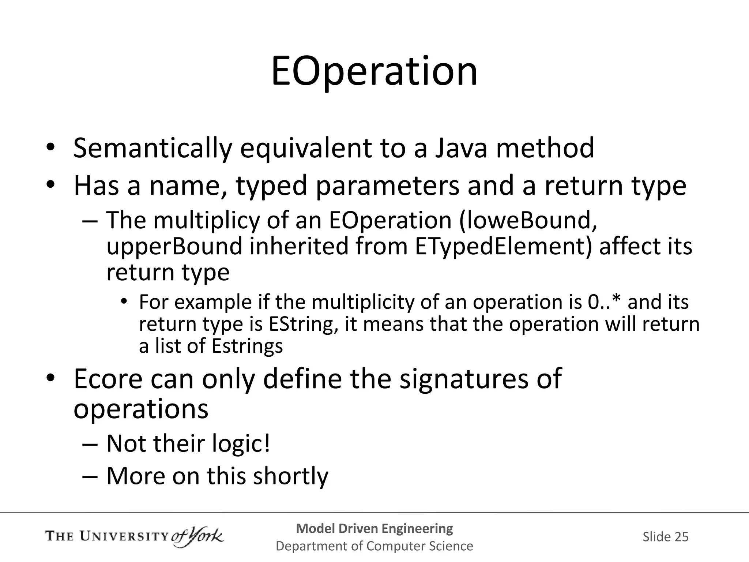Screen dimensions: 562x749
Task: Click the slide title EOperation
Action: (374, 72)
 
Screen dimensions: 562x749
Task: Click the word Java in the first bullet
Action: (461, 148)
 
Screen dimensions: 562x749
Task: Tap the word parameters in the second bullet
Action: (387, 186)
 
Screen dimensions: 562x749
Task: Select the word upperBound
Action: (174, 246)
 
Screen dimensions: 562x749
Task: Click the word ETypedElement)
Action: (503, 246)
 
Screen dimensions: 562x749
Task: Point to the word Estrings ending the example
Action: (247, 346)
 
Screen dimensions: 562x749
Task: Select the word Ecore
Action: (108, 379)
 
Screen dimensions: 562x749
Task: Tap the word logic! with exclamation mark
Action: (241, 444)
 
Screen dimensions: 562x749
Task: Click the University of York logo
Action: (134, 537)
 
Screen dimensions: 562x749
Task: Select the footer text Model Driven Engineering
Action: (374, 528)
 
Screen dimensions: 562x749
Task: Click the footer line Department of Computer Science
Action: (374, 546)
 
